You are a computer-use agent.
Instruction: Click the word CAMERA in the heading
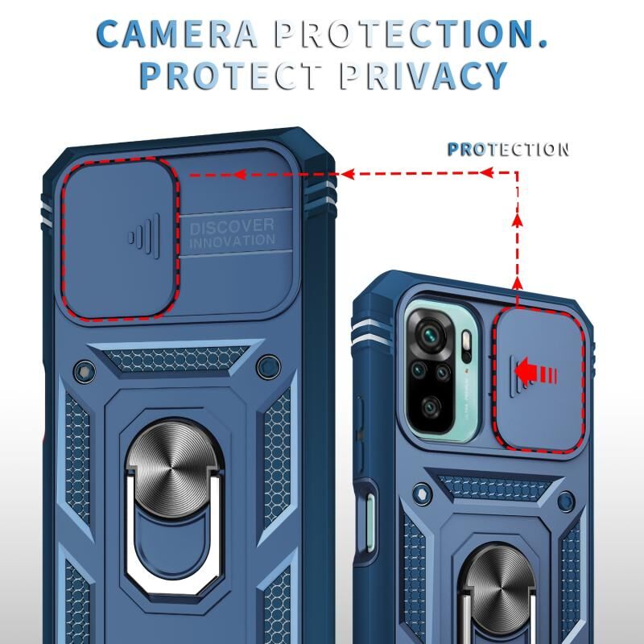tap(178, 33)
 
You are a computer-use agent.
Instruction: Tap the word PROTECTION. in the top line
tap(411, 33)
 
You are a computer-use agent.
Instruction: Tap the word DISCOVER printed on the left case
tap(232, 226)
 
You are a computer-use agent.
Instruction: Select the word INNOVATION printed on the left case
tap(232, 241)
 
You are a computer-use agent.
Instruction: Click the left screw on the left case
tap(80, 369)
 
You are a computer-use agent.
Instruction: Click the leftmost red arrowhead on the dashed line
tap(237, 174)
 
